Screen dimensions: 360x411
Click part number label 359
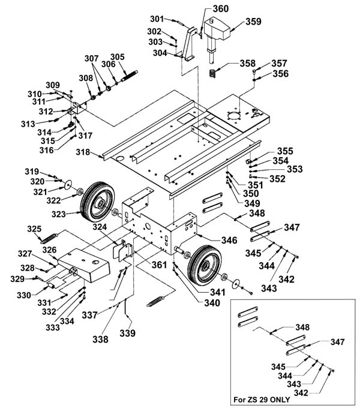coord(253,22)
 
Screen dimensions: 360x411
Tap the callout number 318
coord(83,152)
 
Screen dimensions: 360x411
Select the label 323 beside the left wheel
coord(58,214)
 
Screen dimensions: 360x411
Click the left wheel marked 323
coord(97,202)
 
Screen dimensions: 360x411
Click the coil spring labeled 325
coord(49,238)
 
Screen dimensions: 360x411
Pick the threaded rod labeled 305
coord(129,76)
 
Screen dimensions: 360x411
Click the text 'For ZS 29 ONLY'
coord(262,400)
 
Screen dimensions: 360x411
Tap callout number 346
coord(229,240)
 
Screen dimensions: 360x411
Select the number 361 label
coord(159,265)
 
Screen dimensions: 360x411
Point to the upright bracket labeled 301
coord(190,44)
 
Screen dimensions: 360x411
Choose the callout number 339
coord(127,333)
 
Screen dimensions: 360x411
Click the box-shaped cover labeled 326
coord(84,265)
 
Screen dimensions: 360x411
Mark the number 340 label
coord(212,303)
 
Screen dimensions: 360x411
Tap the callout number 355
coord(285,151)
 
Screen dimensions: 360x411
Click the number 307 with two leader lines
coord(92,58)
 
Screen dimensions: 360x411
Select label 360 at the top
coord(221,8)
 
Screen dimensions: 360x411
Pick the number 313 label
coord(28,124)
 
